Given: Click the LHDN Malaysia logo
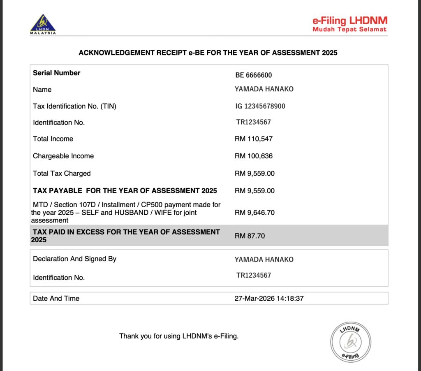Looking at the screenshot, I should [43, 24].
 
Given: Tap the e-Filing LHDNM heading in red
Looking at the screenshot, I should [350, 20].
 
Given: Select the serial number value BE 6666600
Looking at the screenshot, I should [254, 75].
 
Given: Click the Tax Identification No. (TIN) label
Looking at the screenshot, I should [74, 106].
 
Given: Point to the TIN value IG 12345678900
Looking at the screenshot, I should [260, 106].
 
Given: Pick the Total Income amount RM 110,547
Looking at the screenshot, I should [254, 139].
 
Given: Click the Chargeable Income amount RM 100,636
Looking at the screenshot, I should [254, 156].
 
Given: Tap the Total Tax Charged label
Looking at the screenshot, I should [62, 174].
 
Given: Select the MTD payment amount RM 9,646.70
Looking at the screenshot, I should [254, 213].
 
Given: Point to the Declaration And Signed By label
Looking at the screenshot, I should [74, 259].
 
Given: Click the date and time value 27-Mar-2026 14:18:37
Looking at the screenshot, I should [269, 299].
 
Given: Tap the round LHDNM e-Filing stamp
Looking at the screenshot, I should [351, 342].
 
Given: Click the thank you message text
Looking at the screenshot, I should [179, 336].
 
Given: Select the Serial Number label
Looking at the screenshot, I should [57, 73].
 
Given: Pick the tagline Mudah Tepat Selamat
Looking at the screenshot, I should [349, 30].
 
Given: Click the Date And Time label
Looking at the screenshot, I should [56, 299].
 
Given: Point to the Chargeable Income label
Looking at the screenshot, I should [63, 156].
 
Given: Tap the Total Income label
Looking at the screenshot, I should [53, 139].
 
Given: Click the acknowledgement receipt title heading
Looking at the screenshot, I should [208, 53].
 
